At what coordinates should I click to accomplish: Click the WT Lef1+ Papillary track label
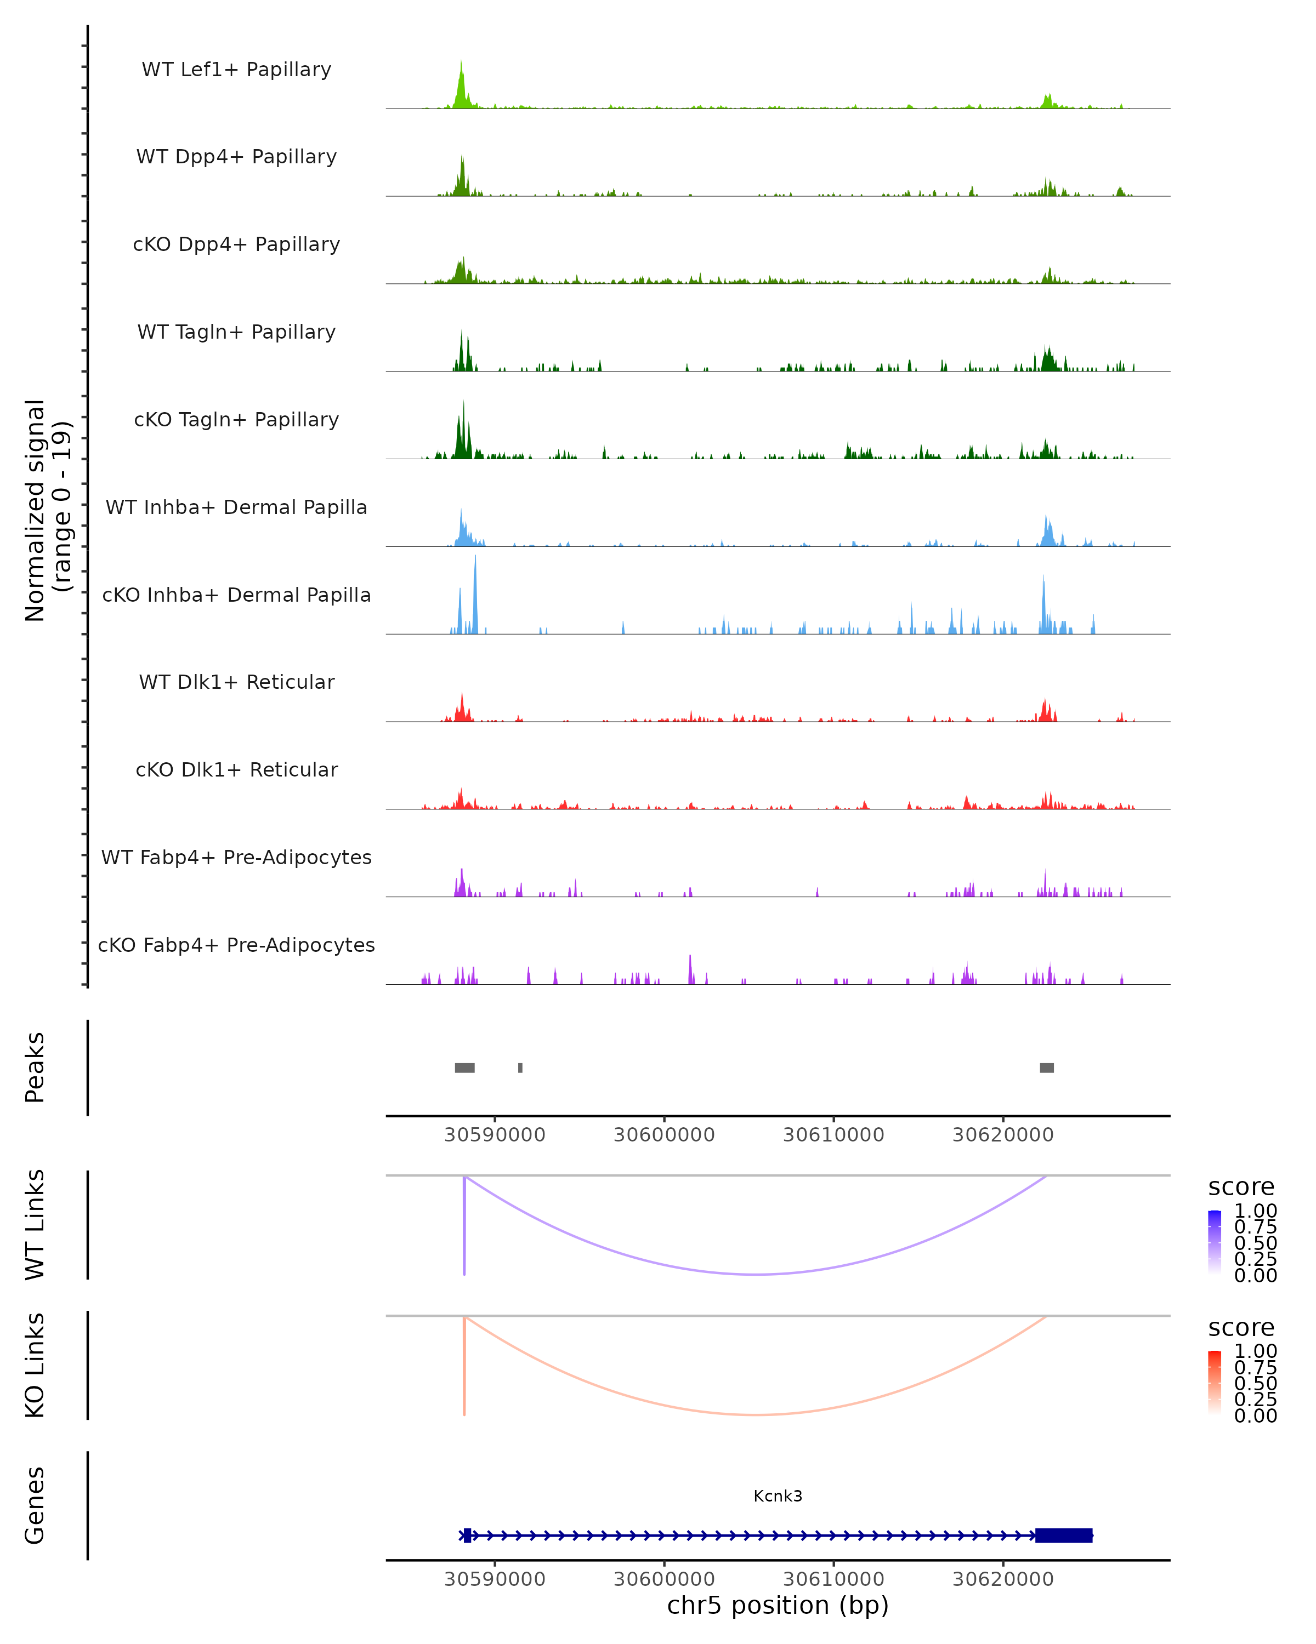pos(236,70)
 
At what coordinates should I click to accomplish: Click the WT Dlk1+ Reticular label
pos(236,682)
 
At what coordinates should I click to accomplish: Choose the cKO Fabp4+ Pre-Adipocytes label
pos(236,945)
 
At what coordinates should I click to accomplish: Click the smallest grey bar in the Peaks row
pos(520,1068)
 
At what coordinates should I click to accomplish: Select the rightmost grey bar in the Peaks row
pos(1047,1068)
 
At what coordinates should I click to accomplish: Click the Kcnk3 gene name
pos(778,1496)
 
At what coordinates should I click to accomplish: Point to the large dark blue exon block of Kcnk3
pos(1063,1535)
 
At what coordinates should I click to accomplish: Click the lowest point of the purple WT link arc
pos(755,1274)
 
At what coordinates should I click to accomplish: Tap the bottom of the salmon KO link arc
pos(755,1414)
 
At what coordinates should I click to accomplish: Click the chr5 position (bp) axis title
pos(778,1606)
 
